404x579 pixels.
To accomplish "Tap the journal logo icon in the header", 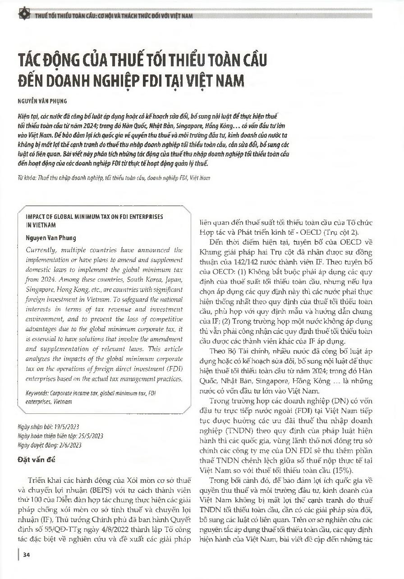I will pos(21,15).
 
